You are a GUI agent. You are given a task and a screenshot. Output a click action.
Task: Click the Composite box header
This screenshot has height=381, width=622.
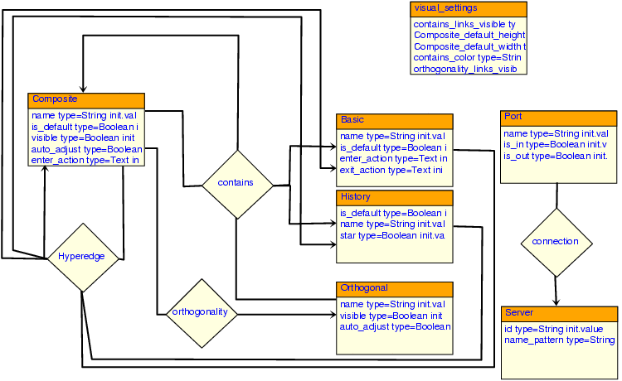pos(86,99)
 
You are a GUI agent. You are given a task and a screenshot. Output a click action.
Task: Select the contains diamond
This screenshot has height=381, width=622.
pos(237,183)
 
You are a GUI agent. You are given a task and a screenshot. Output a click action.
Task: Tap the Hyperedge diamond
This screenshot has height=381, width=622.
pos(81,257)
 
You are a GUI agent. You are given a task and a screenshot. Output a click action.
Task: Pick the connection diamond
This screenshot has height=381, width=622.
pos(556,242)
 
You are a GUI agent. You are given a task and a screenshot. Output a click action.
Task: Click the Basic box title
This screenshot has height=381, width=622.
pos(394,120)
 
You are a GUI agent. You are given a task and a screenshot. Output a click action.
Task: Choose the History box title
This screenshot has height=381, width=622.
pos(394,197)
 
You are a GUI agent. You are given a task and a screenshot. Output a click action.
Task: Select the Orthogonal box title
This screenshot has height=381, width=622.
pos(394,288)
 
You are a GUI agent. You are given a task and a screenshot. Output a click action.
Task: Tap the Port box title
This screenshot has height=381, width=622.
pos(558,117)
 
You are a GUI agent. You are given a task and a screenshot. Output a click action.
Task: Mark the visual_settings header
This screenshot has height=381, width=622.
pos(469,8)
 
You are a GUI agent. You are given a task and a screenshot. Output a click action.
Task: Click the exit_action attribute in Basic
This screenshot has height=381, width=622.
pos(391,170)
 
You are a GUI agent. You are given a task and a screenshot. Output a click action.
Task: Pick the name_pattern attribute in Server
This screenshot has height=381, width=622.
pos(559,340)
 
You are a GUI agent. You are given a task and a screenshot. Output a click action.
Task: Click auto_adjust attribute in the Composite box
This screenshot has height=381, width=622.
pos(86,149)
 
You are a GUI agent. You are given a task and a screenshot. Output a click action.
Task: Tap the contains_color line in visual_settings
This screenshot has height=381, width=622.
pos(467,58)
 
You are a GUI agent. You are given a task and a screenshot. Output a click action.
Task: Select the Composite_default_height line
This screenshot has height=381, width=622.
pos(469,36)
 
